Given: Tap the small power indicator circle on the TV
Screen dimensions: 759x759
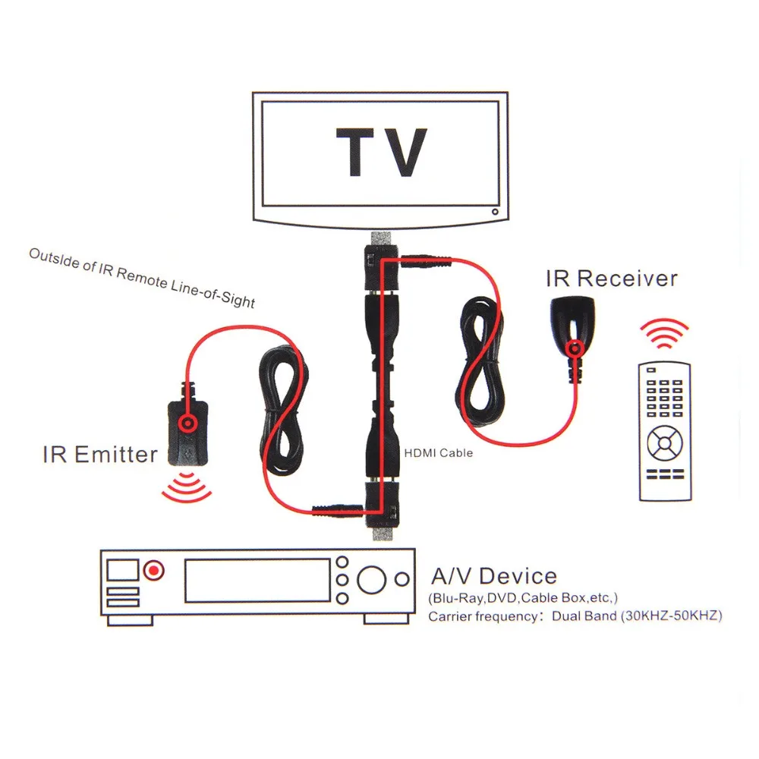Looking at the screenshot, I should (x=494, y=213).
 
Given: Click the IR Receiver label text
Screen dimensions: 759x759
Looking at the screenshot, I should (x=611, y=279).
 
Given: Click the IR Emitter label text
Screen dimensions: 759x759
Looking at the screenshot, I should (x=99, y=454).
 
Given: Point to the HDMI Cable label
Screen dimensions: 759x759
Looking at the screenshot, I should (x=438, y=452).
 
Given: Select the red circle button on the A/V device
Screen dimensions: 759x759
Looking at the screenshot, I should (x=154, y=569).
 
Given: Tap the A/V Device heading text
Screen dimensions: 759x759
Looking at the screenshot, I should (x=493, y=575).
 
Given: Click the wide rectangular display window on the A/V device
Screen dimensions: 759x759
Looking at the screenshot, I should (x=257, y=581).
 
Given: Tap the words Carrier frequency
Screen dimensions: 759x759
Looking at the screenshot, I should (x=482, y=616).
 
